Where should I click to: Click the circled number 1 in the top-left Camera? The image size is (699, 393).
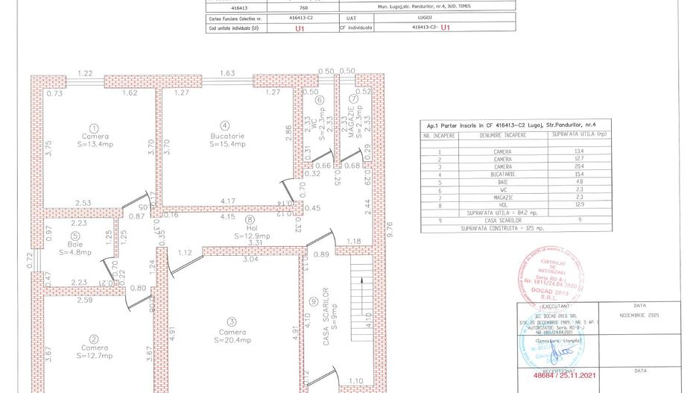coord(95,128)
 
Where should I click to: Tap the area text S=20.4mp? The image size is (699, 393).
coord(233,342)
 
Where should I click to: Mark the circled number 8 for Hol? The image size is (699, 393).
coord(250,220)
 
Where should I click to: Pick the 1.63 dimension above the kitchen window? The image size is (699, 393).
coord(227,73)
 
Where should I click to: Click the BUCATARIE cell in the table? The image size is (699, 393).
coord(502,172)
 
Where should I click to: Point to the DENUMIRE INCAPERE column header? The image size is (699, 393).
coord(502,136)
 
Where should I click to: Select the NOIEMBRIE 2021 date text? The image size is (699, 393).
coord(639,315)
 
